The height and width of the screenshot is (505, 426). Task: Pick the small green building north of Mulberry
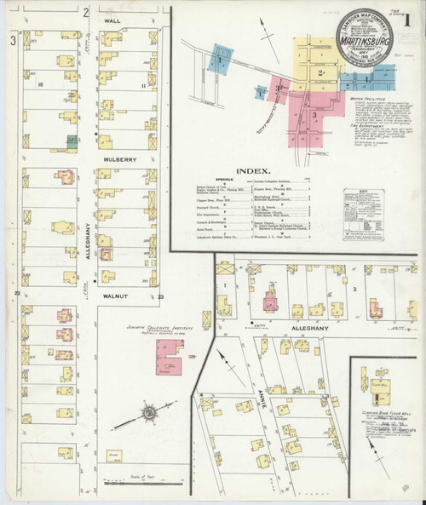coord(73,139)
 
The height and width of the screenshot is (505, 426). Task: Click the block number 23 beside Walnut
coord(159,296)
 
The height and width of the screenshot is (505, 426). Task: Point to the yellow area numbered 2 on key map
coord(320,73)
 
